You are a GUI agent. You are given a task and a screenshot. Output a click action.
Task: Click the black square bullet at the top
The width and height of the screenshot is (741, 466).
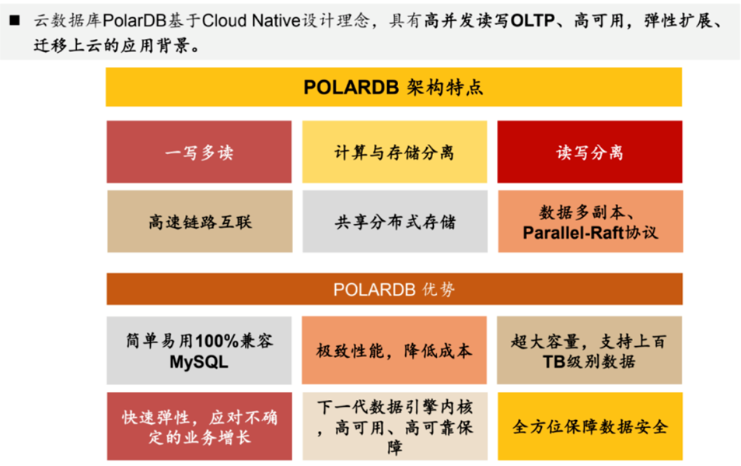coord(15,20)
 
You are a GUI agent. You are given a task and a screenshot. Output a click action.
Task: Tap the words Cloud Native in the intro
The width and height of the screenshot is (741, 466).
coord(251,21)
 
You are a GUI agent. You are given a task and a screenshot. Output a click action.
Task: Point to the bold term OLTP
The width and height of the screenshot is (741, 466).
coord(533,21)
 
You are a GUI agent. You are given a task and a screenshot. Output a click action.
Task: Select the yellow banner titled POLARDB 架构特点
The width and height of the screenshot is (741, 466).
coord(393,87)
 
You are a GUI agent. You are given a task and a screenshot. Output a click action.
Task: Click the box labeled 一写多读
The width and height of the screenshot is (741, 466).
coord(199,152)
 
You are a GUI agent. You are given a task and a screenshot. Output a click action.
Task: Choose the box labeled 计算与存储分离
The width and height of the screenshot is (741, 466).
coord(394,152)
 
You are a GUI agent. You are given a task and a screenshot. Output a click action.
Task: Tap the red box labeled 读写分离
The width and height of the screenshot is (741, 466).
coord(590,152)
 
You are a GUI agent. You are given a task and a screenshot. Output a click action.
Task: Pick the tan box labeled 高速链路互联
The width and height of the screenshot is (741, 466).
coord(200,221)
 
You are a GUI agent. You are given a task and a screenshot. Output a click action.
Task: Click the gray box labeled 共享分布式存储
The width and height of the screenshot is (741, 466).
coord(395,221)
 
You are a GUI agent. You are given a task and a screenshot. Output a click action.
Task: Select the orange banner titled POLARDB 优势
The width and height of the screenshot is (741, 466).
coord(394,289)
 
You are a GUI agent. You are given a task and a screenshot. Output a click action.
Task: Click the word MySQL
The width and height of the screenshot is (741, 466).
coord(199,362)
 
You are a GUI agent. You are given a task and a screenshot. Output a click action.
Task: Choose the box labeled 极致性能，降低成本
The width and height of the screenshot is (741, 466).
coord(394,350)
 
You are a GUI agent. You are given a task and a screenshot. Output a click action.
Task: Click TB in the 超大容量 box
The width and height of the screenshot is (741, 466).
coord(554,362)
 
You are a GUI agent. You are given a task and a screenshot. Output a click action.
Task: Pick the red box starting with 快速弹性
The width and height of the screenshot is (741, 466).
coord(199,426)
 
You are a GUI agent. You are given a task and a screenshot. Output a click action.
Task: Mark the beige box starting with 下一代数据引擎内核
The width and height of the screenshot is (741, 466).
coord(395,426)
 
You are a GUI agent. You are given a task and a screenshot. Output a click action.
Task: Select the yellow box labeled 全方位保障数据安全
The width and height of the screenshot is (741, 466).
coord(590,426)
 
